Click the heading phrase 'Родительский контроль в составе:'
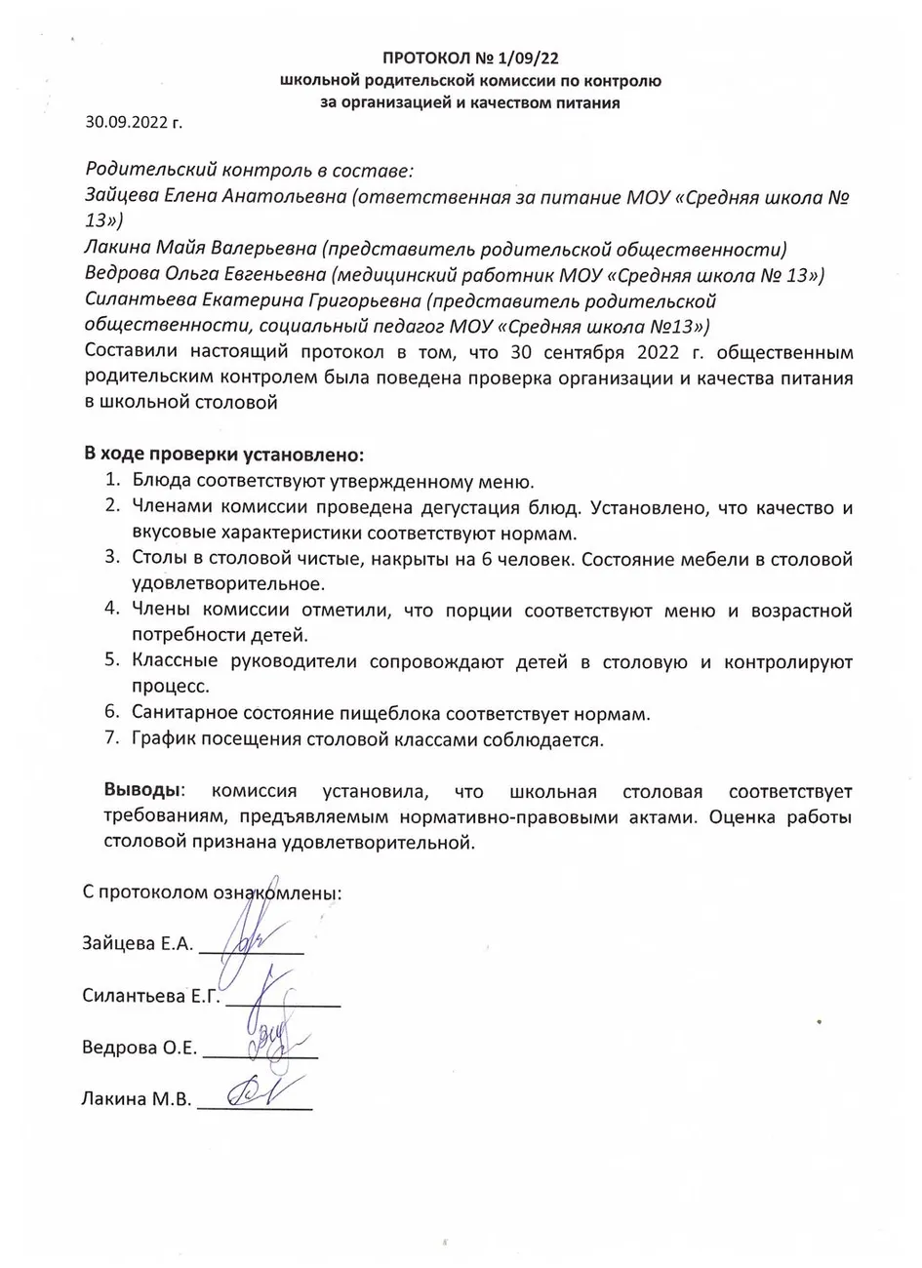(x=250, y=171)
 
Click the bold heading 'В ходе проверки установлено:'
(x=223, y=456)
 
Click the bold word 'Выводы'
(x=141, y=790)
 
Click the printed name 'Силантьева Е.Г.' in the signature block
(x=150, y=996)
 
